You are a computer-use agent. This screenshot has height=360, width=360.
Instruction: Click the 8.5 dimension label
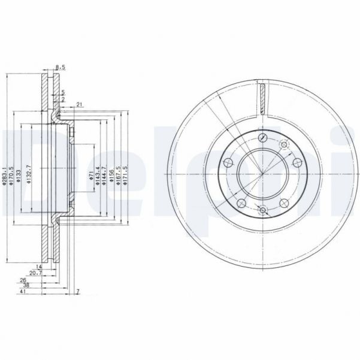[x=60, y=66]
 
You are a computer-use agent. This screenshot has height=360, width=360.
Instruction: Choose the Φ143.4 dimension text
[x=98, y=175]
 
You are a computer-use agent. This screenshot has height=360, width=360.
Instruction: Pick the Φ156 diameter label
[x=111, y=175]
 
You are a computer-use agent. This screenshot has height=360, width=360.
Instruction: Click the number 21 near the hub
[x=79, y=105]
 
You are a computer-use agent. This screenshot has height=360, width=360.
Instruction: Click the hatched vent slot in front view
[x=264, y=99]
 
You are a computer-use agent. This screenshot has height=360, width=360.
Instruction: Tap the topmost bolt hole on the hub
[x=264, y=138]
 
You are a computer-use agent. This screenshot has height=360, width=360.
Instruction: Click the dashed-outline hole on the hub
[x=283, y=143]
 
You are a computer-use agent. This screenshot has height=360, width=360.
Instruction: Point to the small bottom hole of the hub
[x=264, y=210]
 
